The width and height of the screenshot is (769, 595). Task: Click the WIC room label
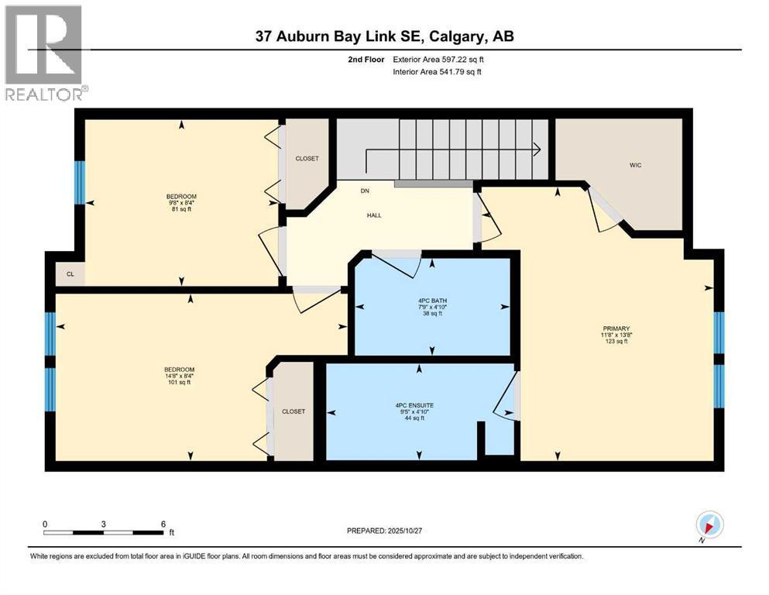635,165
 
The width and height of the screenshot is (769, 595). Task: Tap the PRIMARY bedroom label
616,328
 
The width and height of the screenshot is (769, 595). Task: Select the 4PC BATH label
432,301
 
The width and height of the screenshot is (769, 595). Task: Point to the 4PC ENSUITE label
414,406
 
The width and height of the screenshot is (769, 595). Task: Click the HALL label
374,215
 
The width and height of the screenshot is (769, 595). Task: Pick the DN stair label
365,191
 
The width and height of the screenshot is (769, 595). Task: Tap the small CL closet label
70,274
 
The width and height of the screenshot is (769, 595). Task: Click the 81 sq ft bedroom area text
181,209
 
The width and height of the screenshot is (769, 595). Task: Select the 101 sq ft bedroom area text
179,382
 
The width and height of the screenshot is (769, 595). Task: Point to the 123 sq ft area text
616,341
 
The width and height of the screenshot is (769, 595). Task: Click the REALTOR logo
44,53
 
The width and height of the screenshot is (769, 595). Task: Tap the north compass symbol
709,526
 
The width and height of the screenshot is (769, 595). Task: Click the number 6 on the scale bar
163,524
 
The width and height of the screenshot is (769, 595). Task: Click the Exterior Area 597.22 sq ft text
438,60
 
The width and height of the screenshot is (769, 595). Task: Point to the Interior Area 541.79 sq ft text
437,71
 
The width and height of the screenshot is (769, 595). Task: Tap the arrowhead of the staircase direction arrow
537,149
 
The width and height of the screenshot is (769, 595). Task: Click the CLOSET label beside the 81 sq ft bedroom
307,159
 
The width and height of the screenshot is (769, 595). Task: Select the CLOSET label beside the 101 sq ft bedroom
294,411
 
